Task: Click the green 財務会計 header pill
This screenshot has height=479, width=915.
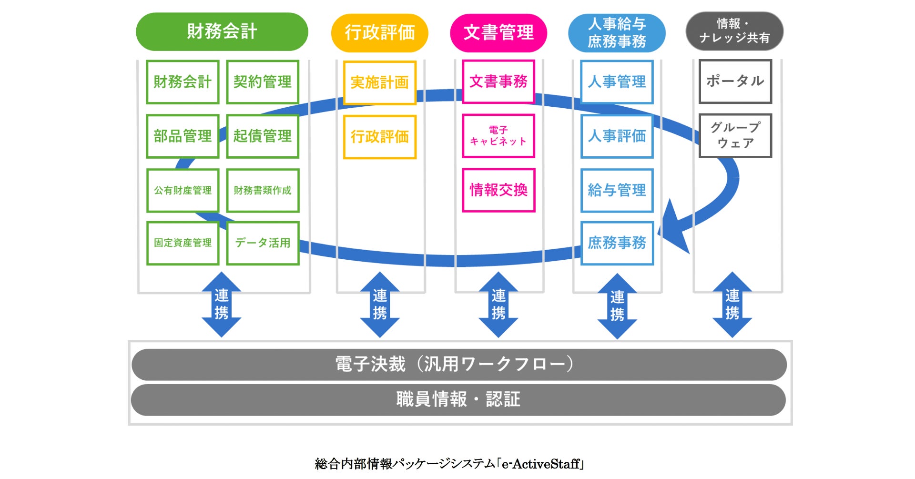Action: (222, 31)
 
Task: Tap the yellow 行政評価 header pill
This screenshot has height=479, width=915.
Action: (379, 32)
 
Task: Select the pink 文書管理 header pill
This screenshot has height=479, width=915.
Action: (498, 32)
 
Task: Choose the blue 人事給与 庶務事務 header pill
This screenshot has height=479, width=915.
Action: (617, 32)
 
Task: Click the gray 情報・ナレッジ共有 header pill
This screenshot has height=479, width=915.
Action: (734, 31)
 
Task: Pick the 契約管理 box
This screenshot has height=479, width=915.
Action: (263, 82)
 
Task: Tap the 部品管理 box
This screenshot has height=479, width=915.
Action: (183, 136)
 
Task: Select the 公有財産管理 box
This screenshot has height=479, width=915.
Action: (183, 190)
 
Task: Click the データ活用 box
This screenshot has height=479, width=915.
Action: (263, 243)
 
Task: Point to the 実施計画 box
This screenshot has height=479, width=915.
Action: (380, 83)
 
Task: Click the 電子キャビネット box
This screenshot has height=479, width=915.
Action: (498, 136)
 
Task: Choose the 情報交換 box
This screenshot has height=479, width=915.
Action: (498, 190)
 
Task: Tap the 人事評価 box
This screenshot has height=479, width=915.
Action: (617, 136)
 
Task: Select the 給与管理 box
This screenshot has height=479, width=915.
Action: (617, 190)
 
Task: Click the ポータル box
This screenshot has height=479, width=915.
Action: (735, 82)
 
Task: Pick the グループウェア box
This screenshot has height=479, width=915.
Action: (735, 136)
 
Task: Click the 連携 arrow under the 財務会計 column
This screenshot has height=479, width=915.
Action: (221, 305)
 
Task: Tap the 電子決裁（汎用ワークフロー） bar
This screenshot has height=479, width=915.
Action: (458, 365)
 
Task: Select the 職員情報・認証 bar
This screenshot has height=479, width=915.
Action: (458, 400)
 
